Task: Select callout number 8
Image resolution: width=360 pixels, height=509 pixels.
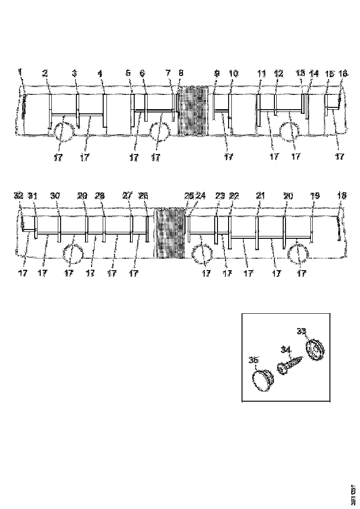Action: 180,73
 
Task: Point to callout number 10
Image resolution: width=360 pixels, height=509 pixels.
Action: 233,73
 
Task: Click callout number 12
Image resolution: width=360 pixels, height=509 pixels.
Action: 278,73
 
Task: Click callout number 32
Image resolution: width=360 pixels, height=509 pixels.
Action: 19,196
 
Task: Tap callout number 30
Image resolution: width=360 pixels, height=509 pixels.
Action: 55,196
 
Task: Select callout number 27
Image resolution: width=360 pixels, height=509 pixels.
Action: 127,196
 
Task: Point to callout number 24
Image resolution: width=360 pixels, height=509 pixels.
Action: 200,196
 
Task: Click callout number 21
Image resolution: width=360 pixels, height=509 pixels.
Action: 261,196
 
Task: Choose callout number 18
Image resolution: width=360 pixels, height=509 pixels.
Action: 341,196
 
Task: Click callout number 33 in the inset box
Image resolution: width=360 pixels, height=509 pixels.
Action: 301,331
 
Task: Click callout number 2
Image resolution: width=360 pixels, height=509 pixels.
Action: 45,73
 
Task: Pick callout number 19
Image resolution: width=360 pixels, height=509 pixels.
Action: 315,196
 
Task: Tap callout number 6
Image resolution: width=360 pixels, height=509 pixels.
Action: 142,73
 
